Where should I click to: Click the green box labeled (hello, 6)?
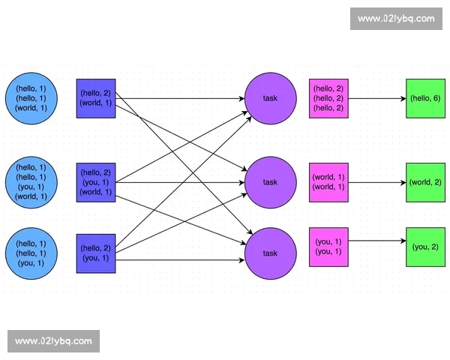point(424,98)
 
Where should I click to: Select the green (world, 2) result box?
point(424,182)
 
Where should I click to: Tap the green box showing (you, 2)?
point(424,247)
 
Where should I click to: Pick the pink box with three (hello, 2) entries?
point(328,98)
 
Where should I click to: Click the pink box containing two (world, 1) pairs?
point(328,182)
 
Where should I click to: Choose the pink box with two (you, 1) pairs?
point(328,247)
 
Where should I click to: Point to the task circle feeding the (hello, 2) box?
point(269,98)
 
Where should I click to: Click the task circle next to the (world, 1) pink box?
point(269,182)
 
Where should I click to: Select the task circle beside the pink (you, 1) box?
point(269,253)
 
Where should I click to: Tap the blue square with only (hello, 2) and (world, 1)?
point(96,97)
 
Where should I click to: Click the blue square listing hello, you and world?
point(96,182)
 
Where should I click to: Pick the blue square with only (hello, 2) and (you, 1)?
point(96,253)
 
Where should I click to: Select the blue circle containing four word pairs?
point(31,182)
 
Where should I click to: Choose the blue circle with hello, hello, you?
point(31,253)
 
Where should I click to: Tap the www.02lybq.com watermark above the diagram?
point(395,19)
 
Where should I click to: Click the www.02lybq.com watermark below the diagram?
point(53,341)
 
